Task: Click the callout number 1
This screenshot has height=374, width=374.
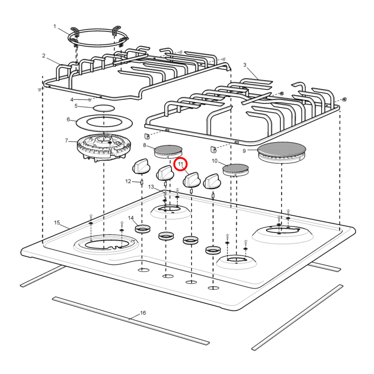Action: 55,26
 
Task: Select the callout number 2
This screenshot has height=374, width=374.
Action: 44,56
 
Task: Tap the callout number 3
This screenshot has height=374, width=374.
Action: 245,65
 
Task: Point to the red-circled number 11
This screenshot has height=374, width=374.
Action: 180,164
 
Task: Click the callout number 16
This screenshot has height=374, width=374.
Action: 143,313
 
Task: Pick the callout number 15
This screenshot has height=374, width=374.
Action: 57,223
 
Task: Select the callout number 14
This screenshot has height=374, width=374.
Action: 131,218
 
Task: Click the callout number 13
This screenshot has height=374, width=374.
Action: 151,187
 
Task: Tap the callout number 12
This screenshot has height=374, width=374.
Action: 128,181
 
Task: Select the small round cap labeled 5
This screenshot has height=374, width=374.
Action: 104,108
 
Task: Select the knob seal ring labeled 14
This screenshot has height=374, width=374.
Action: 143,229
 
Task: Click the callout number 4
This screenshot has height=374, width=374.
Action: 72,100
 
